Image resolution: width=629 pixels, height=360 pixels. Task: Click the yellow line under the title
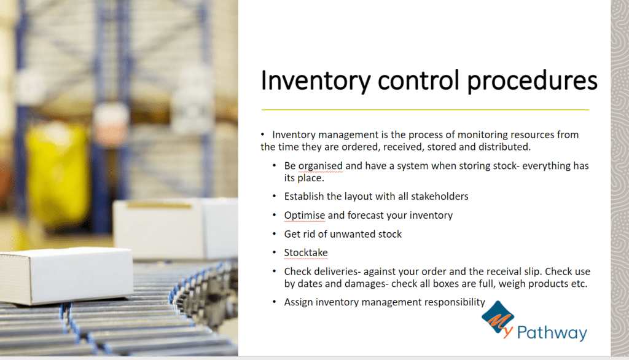coord(425,109)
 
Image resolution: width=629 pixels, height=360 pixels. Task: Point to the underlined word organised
coord(321,166)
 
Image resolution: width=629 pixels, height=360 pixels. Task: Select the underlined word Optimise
coord(305,216)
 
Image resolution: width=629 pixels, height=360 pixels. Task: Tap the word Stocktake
coord(306,253)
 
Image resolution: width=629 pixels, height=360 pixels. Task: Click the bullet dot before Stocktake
coord(275,252)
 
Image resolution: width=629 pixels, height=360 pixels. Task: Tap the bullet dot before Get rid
coord(275,233)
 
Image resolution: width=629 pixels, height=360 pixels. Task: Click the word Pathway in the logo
coord(552,333)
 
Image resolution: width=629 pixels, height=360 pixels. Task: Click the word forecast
coord(366,216)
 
